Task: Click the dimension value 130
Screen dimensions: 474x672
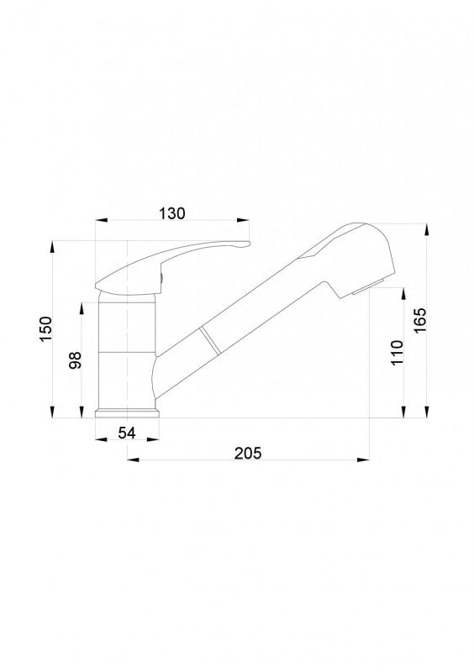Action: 172,213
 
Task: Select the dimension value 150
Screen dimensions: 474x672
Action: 45,328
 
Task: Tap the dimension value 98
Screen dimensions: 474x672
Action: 75,360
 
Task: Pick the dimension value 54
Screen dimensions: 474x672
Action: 127,433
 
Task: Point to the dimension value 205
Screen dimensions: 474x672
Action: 248,453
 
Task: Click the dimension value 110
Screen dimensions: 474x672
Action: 398,352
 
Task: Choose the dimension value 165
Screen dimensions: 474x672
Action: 420,320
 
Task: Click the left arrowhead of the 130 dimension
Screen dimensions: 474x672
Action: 101,220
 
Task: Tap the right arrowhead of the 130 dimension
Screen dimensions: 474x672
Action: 243,220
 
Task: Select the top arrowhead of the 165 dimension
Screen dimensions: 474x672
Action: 426,229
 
